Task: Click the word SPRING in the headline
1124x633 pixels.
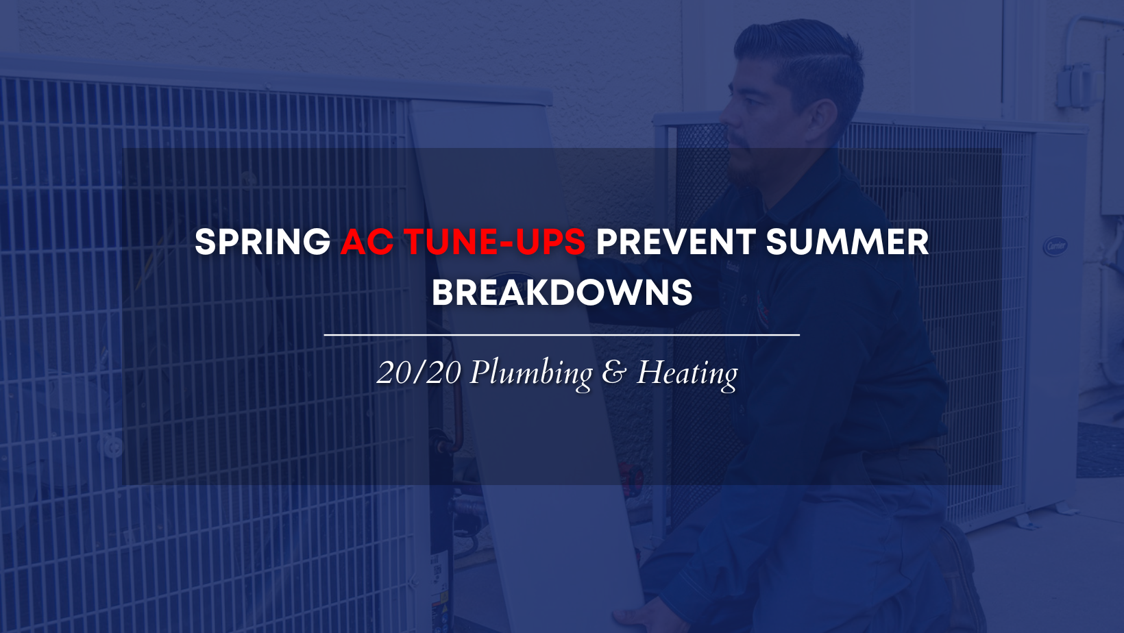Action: (262, 242)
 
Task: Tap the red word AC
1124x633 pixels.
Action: (367, 242)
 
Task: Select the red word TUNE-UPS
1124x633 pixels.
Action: (495, 242)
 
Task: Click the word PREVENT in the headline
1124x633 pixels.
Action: (675, 242)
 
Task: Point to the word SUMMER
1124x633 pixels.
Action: (848, 242)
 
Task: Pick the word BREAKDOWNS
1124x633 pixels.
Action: (562, 293)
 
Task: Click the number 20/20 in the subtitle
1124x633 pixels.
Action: (419, 373)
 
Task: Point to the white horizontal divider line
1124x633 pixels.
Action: (562, 334)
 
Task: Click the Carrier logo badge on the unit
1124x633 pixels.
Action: (1055, 246)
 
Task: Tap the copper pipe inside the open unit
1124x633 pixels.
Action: (456, 411)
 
